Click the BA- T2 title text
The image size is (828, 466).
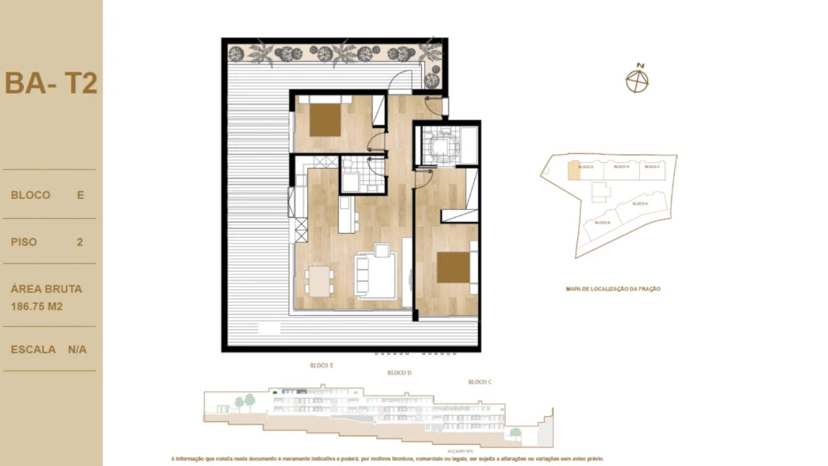pyautogui.click(x=51, y=83)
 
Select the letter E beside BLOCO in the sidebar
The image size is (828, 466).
pyautogui.click(x=81, y=195)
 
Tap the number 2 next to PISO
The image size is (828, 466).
pyautogui.click(x=80, y=242)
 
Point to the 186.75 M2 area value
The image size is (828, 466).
pyautogui.click(x=37, y=306)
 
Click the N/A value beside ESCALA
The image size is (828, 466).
pyautogui.click(x=77, y=349)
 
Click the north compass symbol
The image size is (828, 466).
pyautogui.click(x=637, y=80)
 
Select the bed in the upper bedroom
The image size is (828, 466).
pyautogui.click(x=325, y=119)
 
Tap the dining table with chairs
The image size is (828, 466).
pyautogui.click(x=320, y=281)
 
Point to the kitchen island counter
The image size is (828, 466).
pyautogui.click(x=346, y=214)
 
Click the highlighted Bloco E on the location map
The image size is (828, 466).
pyautogui.click(x=573, y=170)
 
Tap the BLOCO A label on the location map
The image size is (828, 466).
pyautogui.click(x=640, y=203)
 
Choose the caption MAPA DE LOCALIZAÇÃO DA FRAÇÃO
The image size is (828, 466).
pyautogui.click(x=613, y=289)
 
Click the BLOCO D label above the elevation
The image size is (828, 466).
pyautogui.click(x=399, y=373)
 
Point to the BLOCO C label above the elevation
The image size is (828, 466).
pyautogui.click(x=480, y=382)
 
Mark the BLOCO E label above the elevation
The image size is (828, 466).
pyautogui.click(x=321, y=366)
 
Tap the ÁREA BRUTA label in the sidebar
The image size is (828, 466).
pyautogui.click(x=47, y=289)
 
